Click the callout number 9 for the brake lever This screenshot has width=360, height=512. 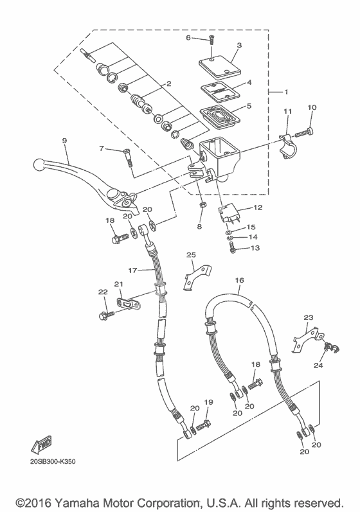[x=64, y=141]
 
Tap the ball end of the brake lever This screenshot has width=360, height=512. [x=39, y=164]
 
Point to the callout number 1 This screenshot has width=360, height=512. [x=286, y=92]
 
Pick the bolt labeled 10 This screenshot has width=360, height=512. [x=305, y=132]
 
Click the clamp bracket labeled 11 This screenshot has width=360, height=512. [x=287, y=146]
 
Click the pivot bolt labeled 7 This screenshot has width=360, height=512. [x=128, y=158]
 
